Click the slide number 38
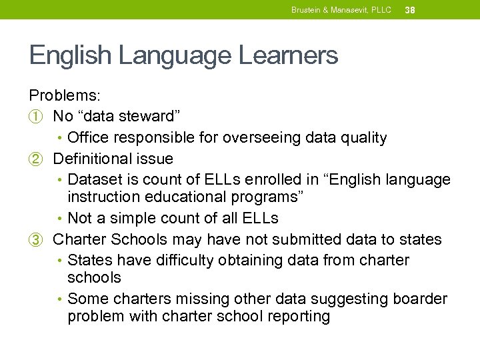coord(410,10)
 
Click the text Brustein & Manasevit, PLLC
coord(341,10)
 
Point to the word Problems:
coord(63,95)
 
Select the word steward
coord(147,116)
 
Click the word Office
coord(87,137)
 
